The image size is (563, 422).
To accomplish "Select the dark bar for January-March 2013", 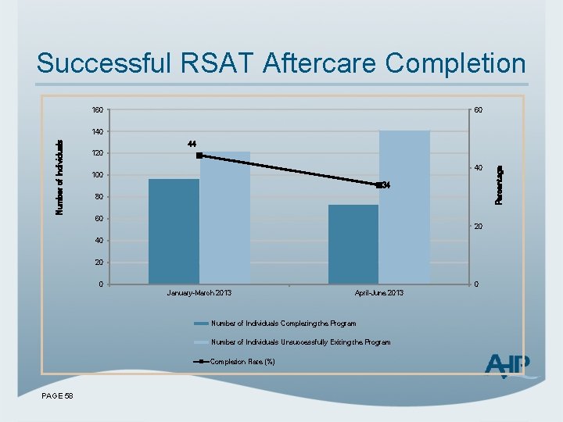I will pyautogui.click(x=174, y=231).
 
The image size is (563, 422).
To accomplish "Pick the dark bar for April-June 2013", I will pyautogui.click(x=353, y=244).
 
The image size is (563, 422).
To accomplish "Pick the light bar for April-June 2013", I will pyautogui.click(x=404, y=206).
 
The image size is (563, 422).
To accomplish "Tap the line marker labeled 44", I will pyautogui.click(x=199, y=156).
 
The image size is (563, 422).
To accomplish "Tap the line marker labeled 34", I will pyautogui.click(x=378, y=185).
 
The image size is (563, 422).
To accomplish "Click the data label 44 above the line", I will pyautogui.click(x=192, y=144).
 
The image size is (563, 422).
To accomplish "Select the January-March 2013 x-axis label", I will pyautogui.click(x=199, y=293).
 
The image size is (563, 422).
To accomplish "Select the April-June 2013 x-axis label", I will pyautogui.click(x=379, y=293).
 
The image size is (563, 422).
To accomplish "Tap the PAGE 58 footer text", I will pyautogui.click(x=57, y=396).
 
